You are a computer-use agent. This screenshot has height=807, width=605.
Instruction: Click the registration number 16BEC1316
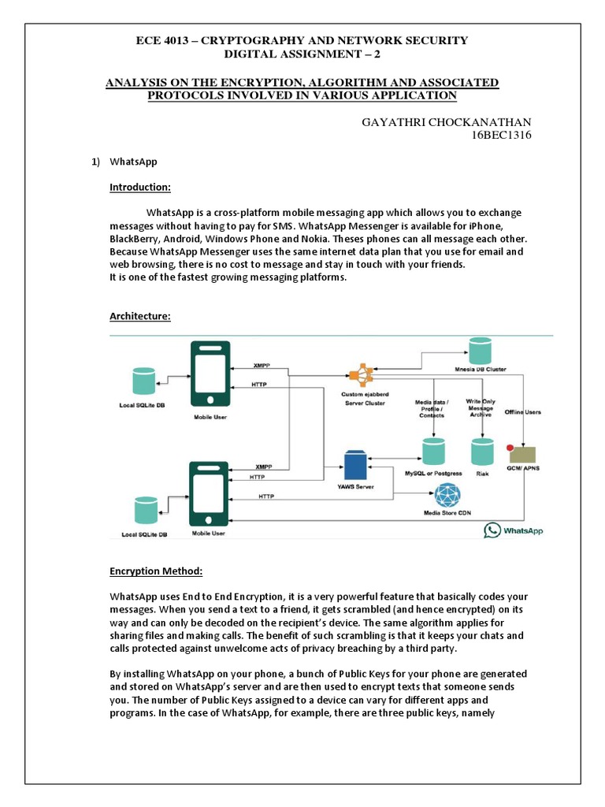(501, 136)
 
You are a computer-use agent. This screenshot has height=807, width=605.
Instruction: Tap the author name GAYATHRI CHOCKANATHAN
(446, 121)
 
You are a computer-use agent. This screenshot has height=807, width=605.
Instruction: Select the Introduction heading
(139, 188)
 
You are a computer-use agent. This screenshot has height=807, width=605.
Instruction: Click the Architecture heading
(139, 316)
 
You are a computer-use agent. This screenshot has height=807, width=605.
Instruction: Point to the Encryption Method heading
(155, 571)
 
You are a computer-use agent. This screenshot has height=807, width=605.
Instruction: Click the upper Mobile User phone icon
(210, 371)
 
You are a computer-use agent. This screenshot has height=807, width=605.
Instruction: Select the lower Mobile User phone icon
(210, 494)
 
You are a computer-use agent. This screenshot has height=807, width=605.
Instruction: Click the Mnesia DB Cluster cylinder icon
(480, 349)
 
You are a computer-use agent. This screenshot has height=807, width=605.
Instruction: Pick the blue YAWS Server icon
(356, 465)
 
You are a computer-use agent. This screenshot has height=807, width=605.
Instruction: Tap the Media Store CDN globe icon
(448, 496)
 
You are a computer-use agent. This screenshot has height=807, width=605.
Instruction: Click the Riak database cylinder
(481, 452)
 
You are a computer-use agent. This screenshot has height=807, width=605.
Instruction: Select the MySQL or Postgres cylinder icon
(432, 452)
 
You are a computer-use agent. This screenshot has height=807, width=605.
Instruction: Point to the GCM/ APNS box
(523, 456)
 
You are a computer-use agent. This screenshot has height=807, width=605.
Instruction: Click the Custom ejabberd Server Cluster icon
(362, 374)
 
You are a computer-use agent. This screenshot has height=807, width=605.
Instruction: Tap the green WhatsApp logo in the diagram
(494, 530)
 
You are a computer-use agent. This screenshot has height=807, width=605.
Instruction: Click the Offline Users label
(523, 411)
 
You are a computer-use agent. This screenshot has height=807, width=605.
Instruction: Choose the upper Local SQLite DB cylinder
(144, 381)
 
